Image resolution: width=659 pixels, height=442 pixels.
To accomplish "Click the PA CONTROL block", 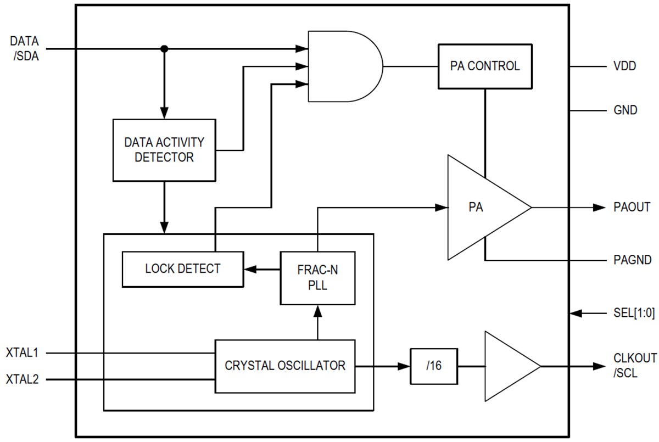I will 485,66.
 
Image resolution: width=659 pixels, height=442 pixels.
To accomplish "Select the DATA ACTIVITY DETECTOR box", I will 164,150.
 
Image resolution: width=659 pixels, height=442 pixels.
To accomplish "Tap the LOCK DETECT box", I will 183,269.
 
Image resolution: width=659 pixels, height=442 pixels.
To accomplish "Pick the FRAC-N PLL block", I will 317,278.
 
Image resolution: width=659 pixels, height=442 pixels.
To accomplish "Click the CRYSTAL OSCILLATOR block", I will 285,366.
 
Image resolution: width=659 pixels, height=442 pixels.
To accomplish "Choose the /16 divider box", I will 434,366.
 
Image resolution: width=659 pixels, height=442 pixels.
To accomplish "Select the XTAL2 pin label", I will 22,379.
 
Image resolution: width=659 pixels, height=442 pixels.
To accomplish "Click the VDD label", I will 624,66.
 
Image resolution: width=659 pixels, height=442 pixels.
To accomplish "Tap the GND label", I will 625,110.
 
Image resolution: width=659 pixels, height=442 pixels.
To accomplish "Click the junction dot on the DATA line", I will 164,49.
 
